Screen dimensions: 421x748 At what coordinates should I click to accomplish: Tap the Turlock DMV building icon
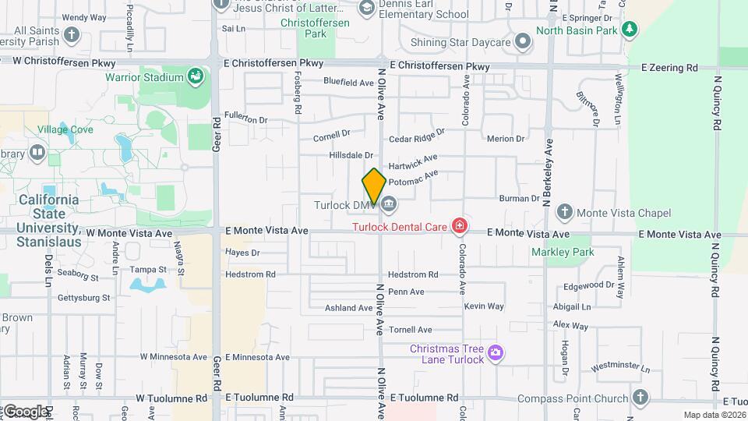[389, 205]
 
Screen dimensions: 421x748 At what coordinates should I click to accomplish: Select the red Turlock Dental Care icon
[460, 227]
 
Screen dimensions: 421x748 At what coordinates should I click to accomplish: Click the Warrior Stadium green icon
[194, 77]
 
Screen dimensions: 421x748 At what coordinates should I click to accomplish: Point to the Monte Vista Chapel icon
[565, 213]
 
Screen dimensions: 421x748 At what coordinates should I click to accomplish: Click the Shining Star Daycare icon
[523, 41]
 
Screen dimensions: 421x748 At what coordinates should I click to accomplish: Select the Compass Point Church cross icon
[640, 398]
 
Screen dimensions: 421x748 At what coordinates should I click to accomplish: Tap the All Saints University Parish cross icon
[72, 35]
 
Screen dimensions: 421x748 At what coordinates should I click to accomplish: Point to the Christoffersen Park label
[315, 28]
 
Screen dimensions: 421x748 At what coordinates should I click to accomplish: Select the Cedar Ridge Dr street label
[417, 137]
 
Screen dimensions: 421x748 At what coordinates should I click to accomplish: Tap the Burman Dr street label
[520, 199]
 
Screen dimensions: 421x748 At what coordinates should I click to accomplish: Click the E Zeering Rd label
[669, 68]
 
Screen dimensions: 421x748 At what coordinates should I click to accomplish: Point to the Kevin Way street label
[484, 306]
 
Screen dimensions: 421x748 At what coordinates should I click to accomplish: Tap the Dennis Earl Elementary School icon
[366, 8]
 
